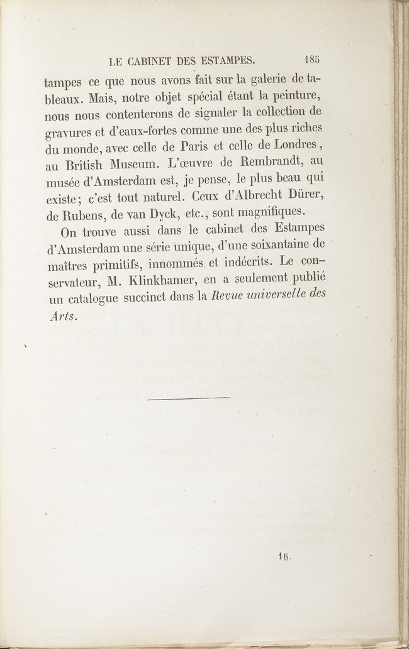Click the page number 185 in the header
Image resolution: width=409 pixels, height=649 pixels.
coord(312,61)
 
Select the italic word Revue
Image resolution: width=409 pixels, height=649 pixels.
coord(234,295)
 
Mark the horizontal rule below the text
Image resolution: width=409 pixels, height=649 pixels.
coord(189,397)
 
